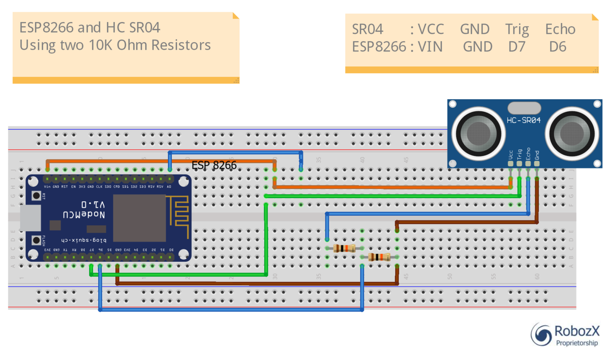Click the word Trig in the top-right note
(517, 29)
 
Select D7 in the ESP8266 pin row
(517, 47)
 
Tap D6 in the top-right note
(557, 47)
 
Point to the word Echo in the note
(560, 29)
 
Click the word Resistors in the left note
(181, 45)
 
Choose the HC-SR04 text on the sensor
(523, 120)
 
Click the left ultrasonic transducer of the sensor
(478, 133)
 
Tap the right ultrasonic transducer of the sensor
(572, 133)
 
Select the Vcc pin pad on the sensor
(511, 164)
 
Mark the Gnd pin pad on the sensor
(537, 164)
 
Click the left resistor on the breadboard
(344, 248)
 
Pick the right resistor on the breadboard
(379, 257)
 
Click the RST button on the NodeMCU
(36, 196)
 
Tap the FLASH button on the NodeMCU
(36, 240)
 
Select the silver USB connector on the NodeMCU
(30, 218)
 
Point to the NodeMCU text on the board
(84, 214)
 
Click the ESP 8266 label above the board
(214, 165)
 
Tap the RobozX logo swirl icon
(541, 334)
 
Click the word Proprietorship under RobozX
(577, 343)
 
